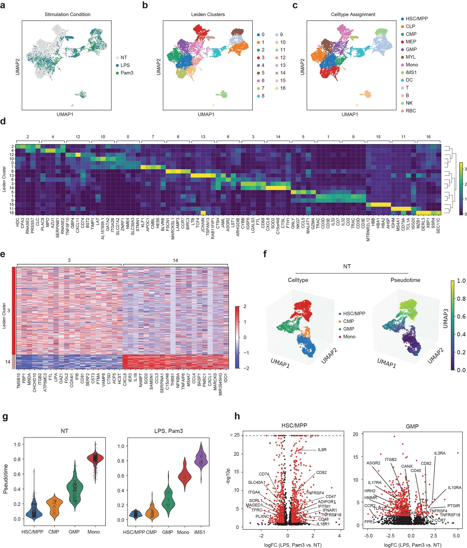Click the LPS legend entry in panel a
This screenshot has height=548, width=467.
tap(125, 65)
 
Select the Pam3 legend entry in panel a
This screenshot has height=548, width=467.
tap(126, 73)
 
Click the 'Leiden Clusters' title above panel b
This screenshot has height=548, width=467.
tap(208, 14)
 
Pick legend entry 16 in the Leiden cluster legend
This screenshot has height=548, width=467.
tap(282, 88)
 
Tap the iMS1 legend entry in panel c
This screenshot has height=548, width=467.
tap(411, 72)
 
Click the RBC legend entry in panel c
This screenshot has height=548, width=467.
tap(410, 111)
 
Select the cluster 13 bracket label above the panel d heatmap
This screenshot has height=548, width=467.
tap(203, 137)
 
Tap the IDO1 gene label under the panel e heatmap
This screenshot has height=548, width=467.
tap(226, 378)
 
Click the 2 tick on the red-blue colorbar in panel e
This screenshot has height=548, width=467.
tap(245, 306)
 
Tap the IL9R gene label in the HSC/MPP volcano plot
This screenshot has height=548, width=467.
tap(322, 450)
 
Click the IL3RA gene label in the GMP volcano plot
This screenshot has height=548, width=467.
tap(440, 453)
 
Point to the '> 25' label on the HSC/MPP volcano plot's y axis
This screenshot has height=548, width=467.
tap(235, 435)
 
